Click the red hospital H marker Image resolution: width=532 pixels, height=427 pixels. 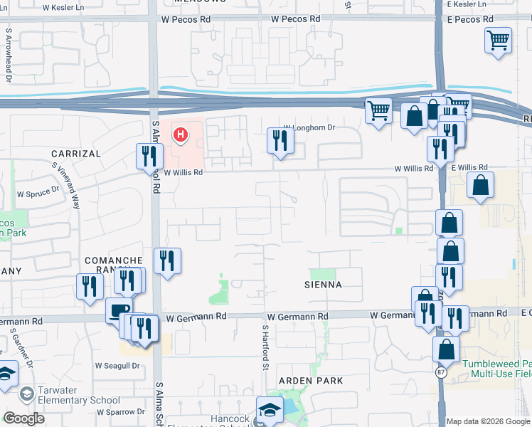point(181,133)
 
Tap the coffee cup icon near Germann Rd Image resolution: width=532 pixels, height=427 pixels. point(118,311)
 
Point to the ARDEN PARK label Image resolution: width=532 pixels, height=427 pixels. point(310,381)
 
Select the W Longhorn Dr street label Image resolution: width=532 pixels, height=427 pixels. point(309,127)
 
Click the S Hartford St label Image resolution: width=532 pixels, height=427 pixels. point(264,347)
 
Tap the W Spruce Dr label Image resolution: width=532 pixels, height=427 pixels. point(37,194)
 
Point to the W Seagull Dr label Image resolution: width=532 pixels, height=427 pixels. point(116,366)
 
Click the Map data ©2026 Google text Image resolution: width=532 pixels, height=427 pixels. point(487,421)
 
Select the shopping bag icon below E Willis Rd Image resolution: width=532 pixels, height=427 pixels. point(481,186)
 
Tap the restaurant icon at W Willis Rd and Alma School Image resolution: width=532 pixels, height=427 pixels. point(149,157)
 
